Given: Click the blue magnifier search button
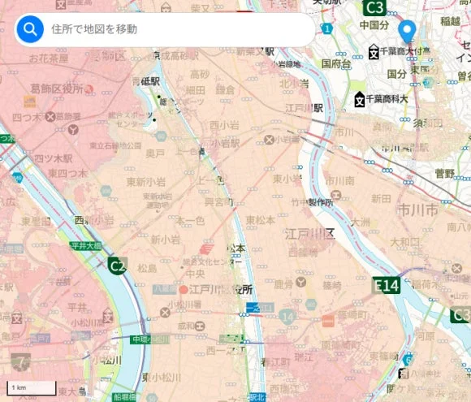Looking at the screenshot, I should tap(31, 30).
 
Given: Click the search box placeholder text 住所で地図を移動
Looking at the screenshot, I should tap(93, 30).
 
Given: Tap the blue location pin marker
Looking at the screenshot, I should tap(409, 32).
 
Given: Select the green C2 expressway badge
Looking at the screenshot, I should tap(119, 265).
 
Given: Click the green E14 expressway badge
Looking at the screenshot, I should tap(387, 285).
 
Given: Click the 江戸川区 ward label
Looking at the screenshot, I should tap(309, 234).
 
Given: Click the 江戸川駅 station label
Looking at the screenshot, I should tap(308, 107).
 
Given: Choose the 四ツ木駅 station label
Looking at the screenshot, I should tap(52, 158).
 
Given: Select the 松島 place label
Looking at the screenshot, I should tap(147, 267).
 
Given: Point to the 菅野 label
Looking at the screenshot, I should tap(444, 173).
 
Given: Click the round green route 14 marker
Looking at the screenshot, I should tap(287, 315).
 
